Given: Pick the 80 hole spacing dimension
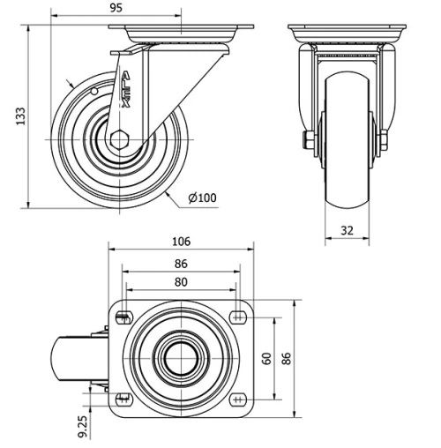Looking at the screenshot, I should click(x=182, y=282).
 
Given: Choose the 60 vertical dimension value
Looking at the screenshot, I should click(x=265, y=358).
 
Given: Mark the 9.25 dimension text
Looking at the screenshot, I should click(x=82, y=428).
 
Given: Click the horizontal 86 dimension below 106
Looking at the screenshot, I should click(x=182, y=263).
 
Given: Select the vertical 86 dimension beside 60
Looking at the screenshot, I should click(x=286, y=359).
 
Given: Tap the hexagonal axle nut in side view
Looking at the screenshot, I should click(x=121, y=139).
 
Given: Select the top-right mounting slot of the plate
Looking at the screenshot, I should click(x=239, y=317).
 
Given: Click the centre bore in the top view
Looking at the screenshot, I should click(x=182, y=358).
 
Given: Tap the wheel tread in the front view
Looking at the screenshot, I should click(x=349, y=146).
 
